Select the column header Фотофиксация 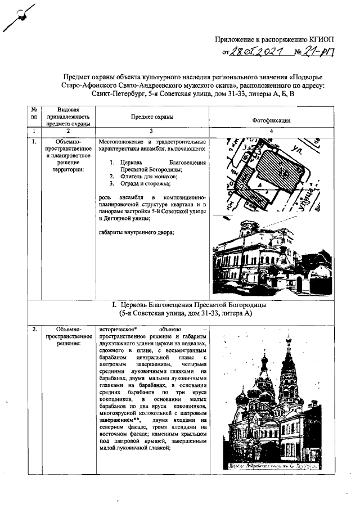coord(271,120)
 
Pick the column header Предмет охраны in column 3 coord(152,116)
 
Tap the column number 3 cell coord(152,130)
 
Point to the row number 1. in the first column coord(34,141)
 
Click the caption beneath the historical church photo coord(271,466)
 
